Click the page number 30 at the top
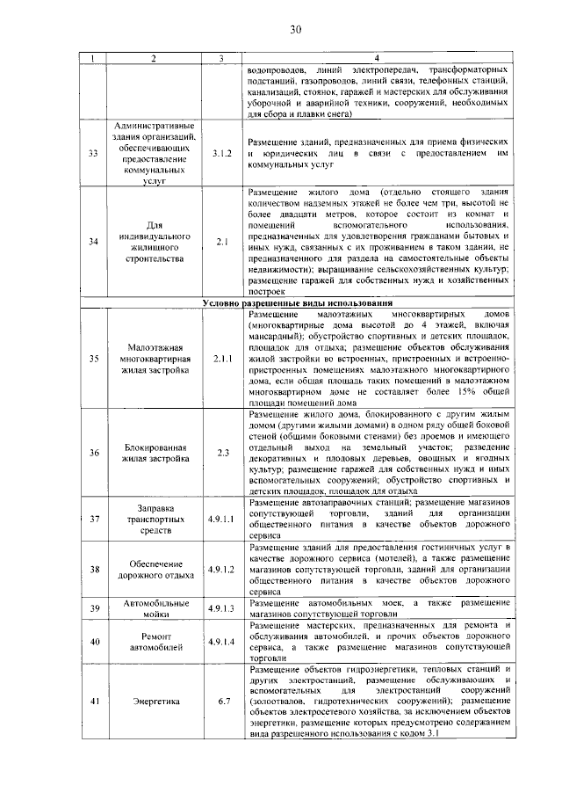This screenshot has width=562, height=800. (295, 31)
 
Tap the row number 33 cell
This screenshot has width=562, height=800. (94, 153)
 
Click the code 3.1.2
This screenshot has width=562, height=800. (221, 153)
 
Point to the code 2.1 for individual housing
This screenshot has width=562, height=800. (221, 240)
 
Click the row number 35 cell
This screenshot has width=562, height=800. (94, 359)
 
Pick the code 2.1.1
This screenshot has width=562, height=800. (221, 359)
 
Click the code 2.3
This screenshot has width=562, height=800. (221, 453)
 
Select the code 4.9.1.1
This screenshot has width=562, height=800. (221, 519)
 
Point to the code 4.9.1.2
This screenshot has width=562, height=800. (221, 569)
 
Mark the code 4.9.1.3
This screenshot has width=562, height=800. (221, 607)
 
